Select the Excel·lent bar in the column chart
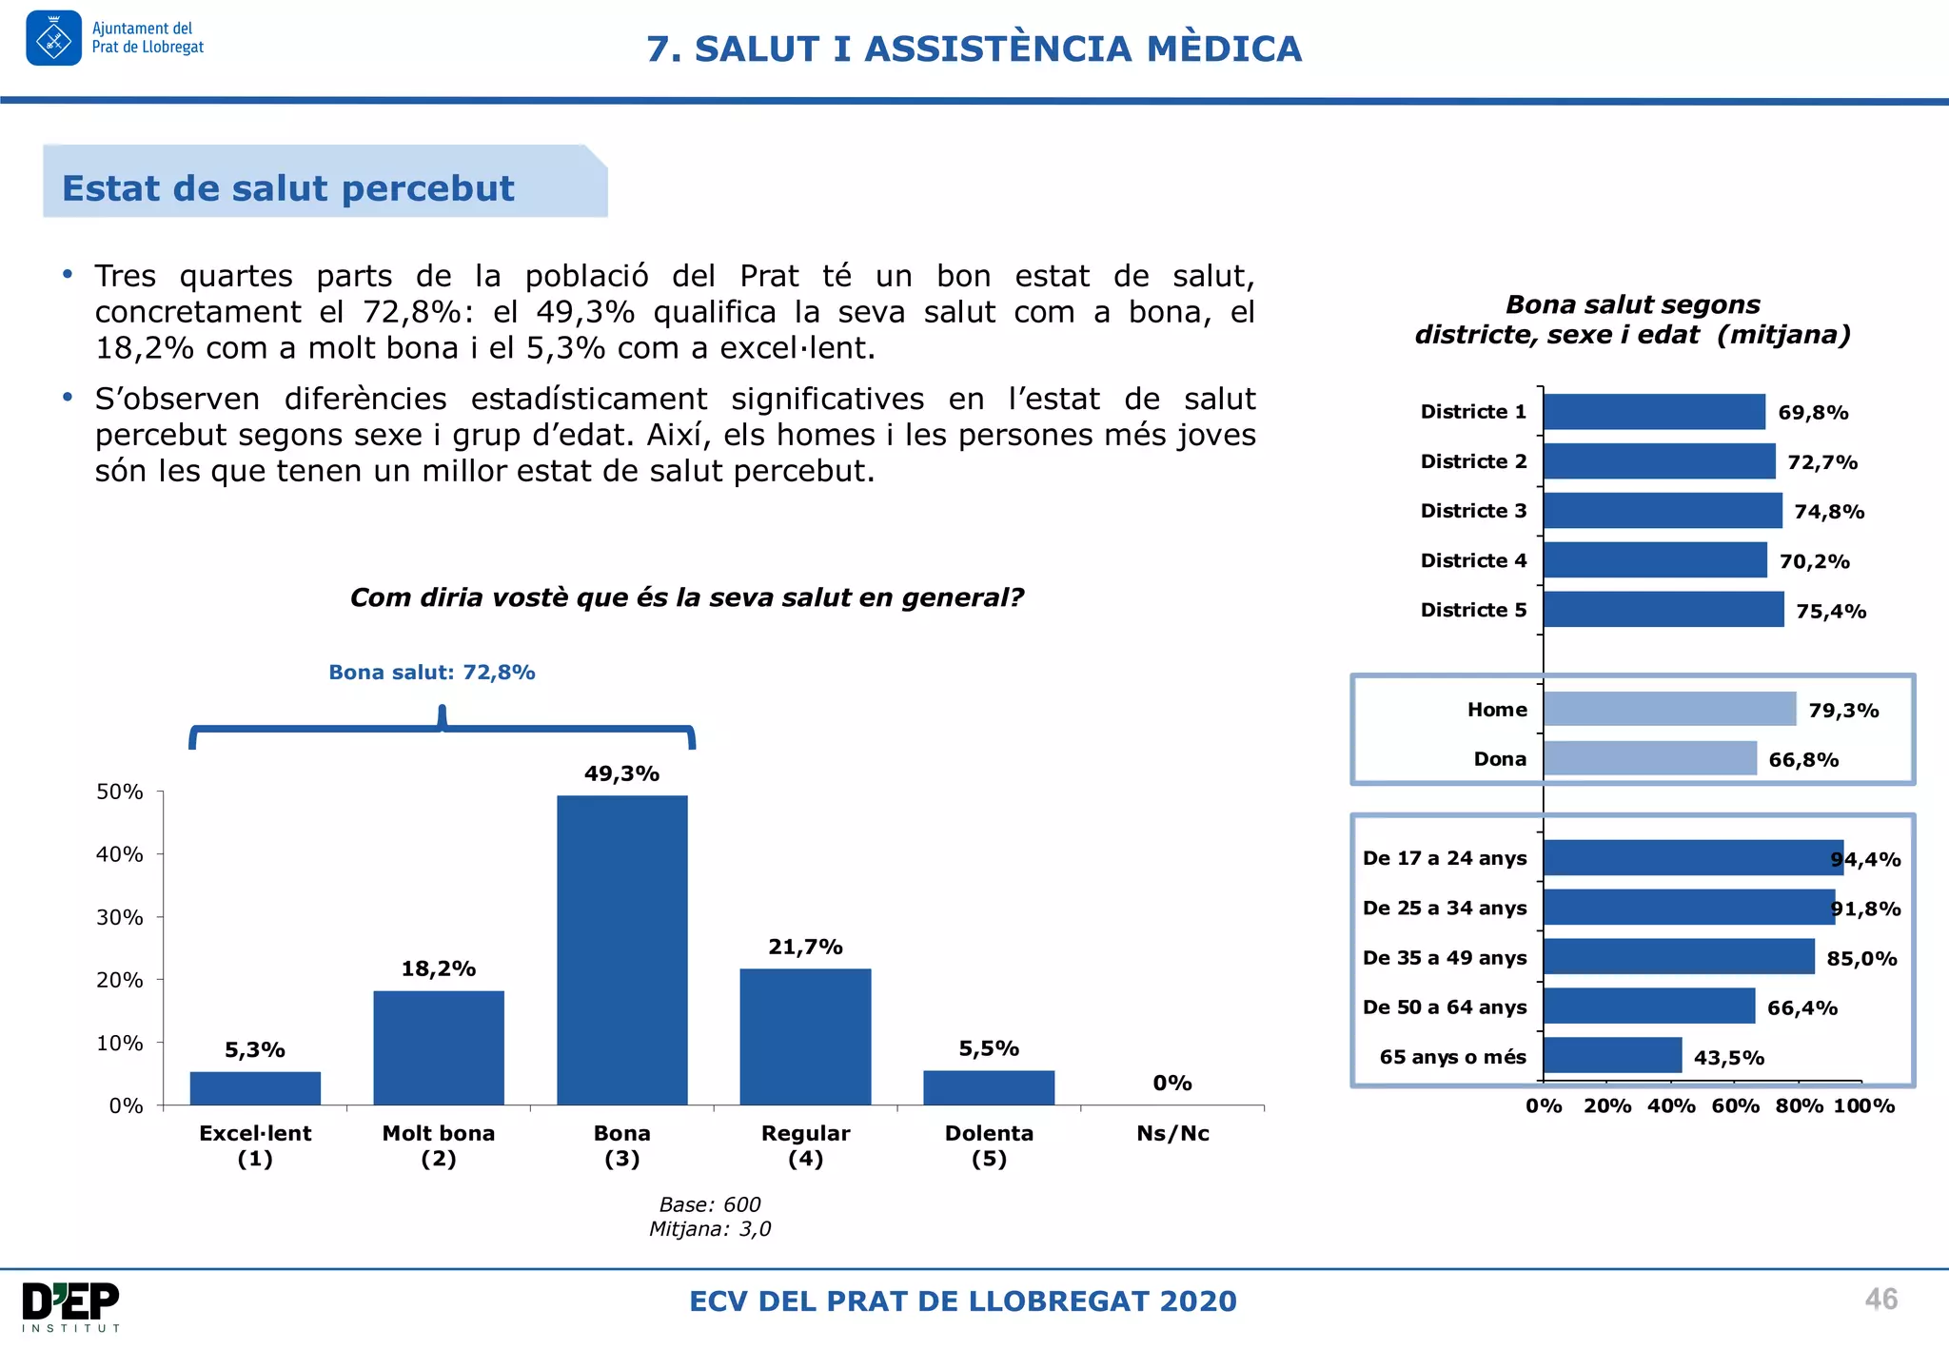[255, 1087]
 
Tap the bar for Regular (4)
[805, 1036]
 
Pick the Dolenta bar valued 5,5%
[989, 1087]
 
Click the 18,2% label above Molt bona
[438, 968]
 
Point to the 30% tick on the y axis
[120, 917]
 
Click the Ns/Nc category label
[1172, 1133]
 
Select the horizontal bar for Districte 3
[1662, 511]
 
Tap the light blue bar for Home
[1669, 710]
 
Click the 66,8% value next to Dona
[1803, 760]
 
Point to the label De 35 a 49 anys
[1444, 958]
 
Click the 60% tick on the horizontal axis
[1735, 1106]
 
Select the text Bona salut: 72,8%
[431, 673]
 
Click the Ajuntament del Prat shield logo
[53, 39]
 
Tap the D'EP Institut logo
[70, 1306]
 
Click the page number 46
[1880, 1300]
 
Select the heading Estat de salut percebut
[287, 188]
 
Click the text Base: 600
[710, 1204]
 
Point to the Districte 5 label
[1473, 610]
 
